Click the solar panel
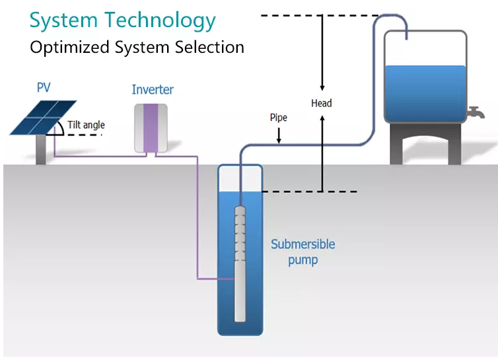coord(43,118)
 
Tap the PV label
coord(44,87)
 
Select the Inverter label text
coord(153,90)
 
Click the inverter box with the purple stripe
coord(151,127)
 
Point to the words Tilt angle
coord(86,125)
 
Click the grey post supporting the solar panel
coord(41,150)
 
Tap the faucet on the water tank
coord(476,112)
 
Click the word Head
coord(322,103)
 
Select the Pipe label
coord(279,118)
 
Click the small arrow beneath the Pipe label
coord(279,135)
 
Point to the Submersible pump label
coord(302,252)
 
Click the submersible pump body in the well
coord(240,264)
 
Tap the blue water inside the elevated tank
coord(425,93)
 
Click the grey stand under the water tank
coord(425,144)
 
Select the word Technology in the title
coord(160,21)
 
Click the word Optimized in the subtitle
coord(70,48)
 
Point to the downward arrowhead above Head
coord(322,88)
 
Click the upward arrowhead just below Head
coord(322,118)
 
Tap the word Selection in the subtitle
coord(209,47)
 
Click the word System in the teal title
coord(63,21)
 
